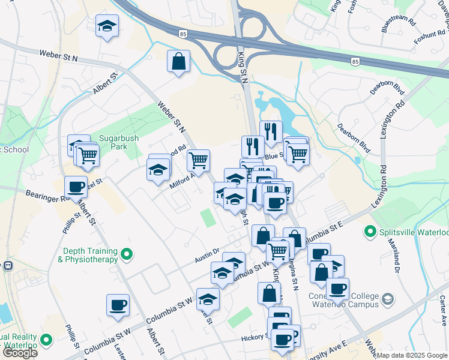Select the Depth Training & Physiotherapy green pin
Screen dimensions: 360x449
coord(126,255)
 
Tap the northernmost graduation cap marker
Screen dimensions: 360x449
coord(107,26)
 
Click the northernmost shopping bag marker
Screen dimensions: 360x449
coord(178,61)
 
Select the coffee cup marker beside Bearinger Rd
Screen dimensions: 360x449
coord(76,187)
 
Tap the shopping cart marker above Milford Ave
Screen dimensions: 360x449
coord(198,160)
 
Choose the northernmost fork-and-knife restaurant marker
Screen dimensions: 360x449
coord(271,131)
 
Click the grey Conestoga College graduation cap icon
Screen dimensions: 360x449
coord(388,298)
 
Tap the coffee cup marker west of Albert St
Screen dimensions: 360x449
coord(118,304)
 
